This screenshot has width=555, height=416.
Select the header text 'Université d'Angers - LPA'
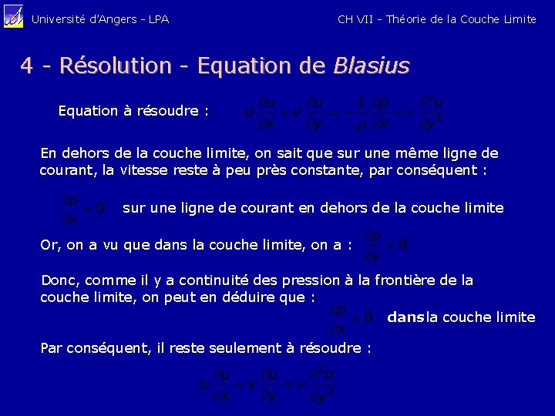99,18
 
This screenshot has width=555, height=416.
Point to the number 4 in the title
27,66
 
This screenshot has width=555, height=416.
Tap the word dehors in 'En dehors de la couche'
83,153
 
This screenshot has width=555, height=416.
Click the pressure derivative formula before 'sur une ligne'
83,209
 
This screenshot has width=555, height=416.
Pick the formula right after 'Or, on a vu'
385,245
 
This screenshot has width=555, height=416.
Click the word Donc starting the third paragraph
58,280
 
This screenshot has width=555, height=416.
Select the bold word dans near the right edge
405,317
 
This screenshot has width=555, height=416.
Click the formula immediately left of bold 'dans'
351,317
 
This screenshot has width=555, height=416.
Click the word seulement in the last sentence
244,348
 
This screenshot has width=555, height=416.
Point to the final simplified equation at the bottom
267,385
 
